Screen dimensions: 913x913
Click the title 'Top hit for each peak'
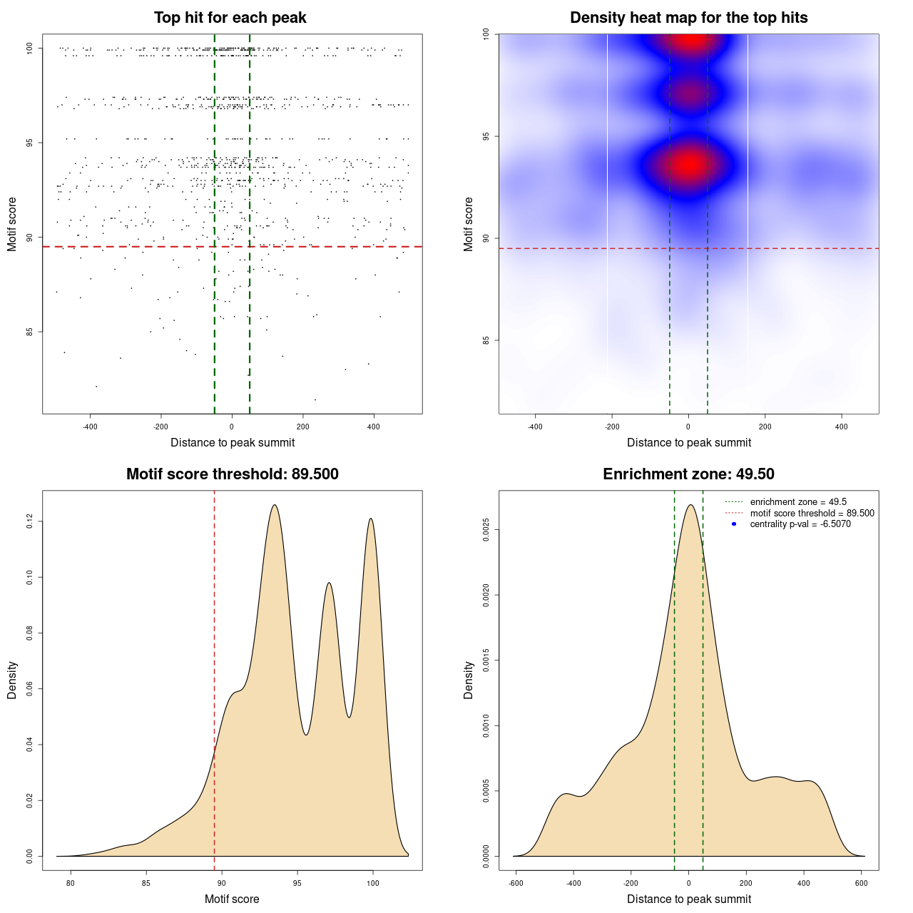230,18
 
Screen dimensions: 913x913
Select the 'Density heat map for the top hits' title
688,18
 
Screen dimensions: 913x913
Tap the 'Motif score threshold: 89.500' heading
232,474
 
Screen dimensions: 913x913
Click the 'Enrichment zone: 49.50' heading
688,474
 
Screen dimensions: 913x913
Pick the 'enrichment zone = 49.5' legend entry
798,502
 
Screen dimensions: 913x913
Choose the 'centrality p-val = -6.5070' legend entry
800,524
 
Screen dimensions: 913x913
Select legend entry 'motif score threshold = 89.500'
812,513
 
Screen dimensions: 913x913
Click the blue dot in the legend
734,524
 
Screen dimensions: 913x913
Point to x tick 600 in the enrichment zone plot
861,883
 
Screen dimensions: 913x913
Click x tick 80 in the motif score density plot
71,883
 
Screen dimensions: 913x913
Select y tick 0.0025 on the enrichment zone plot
486,530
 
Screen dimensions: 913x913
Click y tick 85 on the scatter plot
29,332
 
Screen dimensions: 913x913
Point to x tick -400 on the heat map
535,427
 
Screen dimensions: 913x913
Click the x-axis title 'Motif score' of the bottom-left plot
232,899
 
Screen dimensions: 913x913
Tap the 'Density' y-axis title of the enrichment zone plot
469,680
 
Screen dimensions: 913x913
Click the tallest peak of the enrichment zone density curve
690,505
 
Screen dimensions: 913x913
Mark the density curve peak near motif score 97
329,583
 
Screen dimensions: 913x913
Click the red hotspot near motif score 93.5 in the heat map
688,165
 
